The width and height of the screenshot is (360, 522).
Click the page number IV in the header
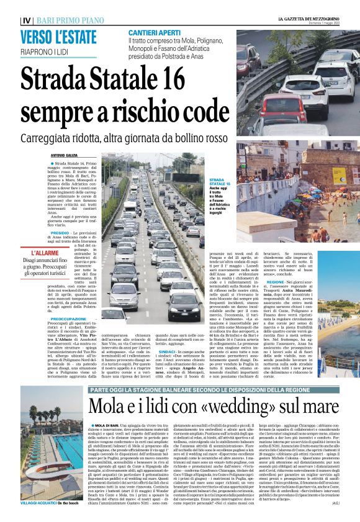tap(25, 20)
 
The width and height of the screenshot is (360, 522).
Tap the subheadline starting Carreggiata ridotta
tap(125, 138)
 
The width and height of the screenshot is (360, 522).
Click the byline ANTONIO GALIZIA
tap(66, 155)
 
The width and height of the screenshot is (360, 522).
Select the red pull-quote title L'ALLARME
tap(45, 253)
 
